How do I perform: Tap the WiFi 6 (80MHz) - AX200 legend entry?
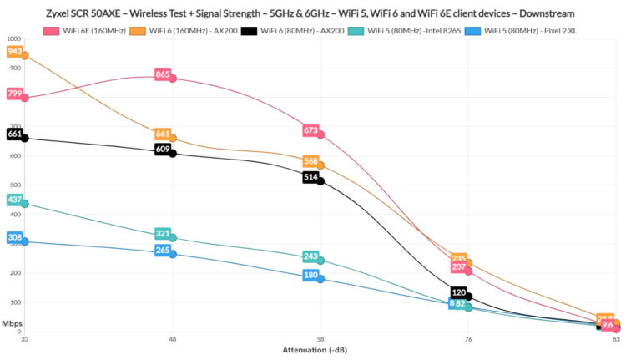click(x=308, y=31)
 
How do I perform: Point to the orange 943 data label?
click(x=15, y=52)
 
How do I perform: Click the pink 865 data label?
click(x=163, y=75)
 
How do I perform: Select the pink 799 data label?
click(x=15, y=94)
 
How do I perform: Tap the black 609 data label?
click(x=163, y=150)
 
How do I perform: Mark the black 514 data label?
click(x=310, y=177)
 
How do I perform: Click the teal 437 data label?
click(x=15, y=200)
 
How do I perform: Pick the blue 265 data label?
click(x=163, y=250)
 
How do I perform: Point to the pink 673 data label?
click(x=310, y=130)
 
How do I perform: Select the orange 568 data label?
click(x=310, y=161)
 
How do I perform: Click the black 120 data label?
click(x=458, y=292)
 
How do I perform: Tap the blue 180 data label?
click(x=310, y=275)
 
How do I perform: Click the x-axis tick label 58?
click(x=320, y=339)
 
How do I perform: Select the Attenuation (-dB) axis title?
click(x=320, y=351)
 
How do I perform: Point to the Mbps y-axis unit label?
click(x=12, y=323)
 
